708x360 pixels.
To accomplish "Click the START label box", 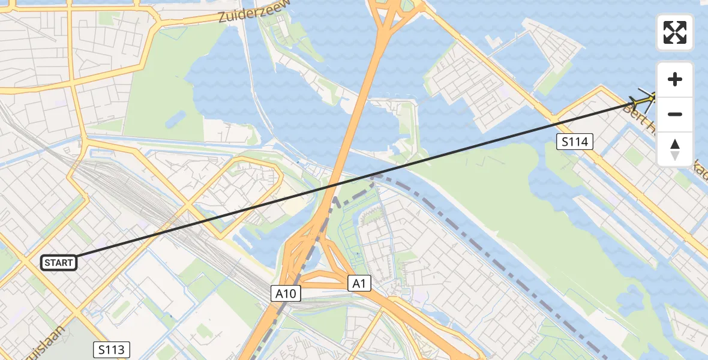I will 59,263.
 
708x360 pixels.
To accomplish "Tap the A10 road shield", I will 285,293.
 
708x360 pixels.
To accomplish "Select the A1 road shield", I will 359,284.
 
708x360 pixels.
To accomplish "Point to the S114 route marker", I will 574,142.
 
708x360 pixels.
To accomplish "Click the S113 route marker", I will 112,350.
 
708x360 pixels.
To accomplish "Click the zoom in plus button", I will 675,79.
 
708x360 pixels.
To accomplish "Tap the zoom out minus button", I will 675,114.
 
